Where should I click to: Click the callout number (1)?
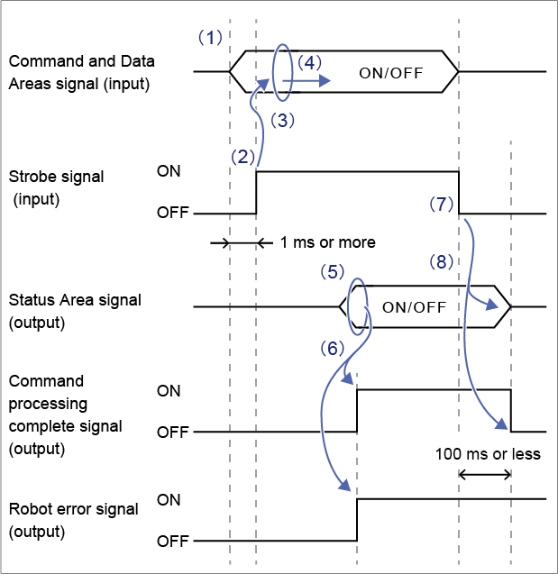[x=209, y=38]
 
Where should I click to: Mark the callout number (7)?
[x=440, y=204]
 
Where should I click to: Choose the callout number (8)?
[x=440, y=264]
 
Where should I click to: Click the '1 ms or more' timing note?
[x=327, y=242]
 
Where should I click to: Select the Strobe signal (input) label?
[x=56, y=187]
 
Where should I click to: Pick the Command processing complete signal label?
[x=65, y=415]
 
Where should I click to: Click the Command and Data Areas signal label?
[x=81, y=73]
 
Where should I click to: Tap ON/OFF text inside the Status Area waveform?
[x=415, y=306]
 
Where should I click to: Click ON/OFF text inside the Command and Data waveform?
[x=391, y=72]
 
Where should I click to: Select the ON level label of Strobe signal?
[x=168, y=169]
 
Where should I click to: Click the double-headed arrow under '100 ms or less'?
[x=485, y=474]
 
